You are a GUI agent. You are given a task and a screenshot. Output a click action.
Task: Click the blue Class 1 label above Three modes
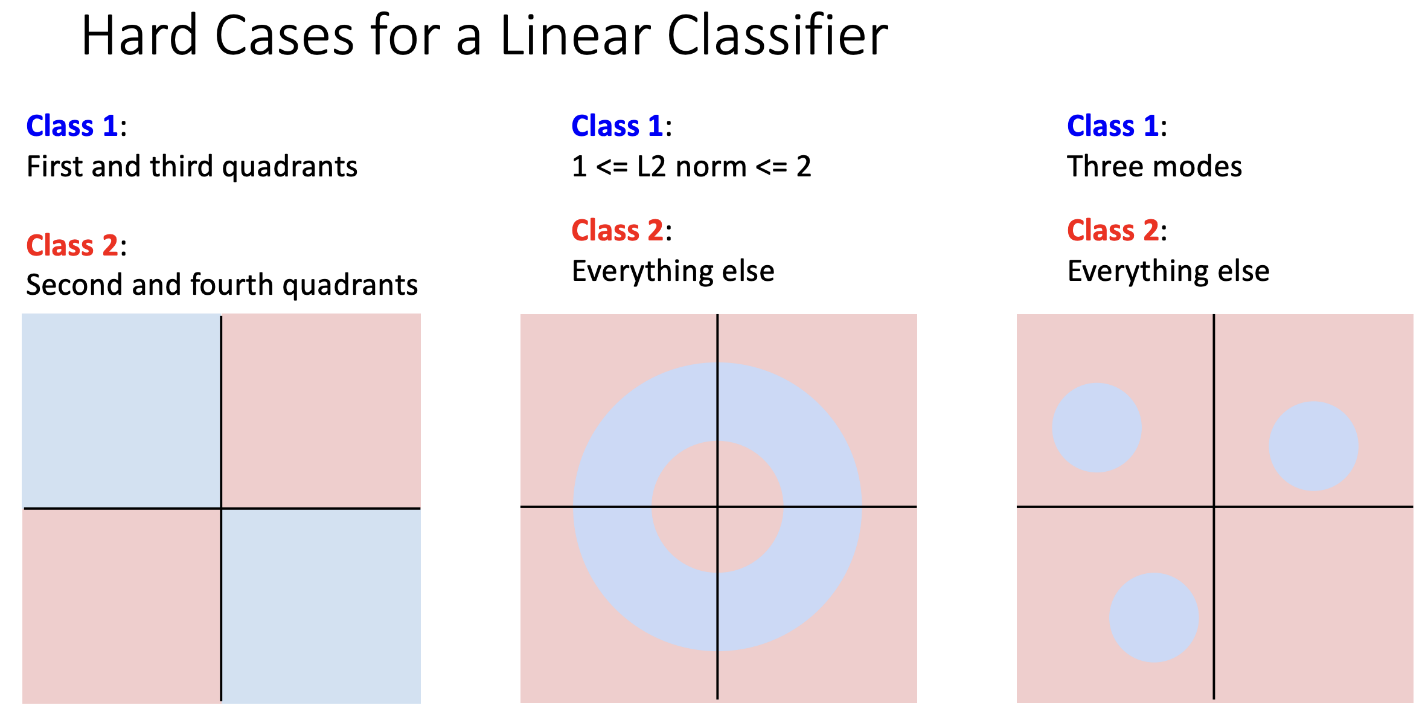tap(1113, 126)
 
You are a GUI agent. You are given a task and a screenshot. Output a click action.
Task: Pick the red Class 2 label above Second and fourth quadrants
tap(72, 245)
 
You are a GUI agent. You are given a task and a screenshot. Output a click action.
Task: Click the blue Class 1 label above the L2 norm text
tap(618, 126)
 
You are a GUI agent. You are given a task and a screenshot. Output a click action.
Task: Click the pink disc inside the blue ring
tap(717, 507)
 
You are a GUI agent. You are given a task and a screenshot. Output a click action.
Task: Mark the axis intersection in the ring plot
tap(717, 506)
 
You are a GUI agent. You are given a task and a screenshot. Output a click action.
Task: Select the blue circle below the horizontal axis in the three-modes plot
tap(1154, 617)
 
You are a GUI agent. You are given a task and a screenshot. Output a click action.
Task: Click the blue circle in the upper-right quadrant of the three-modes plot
tap(1313, 446)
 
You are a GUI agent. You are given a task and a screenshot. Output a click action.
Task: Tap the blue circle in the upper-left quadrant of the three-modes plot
tap(1097, 428)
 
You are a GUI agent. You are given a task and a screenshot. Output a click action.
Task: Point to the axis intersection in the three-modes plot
tap(1214, 506)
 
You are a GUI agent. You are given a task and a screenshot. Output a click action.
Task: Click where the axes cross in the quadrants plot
tap(221, 508)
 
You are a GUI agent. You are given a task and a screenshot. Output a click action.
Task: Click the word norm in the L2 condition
tap(711, 166)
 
